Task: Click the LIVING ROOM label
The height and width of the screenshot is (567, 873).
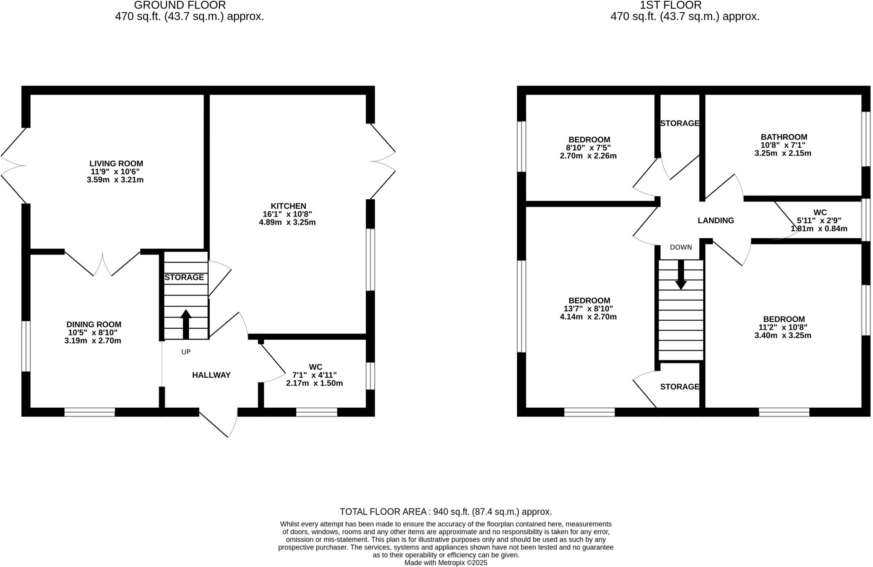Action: click(116, 164)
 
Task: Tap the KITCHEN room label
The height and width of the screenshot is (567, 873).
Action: click(288, 206)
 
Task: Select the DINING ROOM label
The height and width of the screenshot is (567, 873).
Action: click(94, 325)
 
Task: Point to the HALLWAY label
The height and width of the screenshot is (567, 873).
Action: click(211, 375)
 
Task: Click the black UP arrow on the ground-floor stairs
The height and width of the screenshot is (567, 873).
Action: click(186, 324)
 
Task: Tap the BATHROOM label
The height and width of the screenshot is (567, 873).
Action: click(783, 137)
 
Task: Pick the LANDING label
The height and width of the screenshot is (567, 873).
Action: click(716, 221)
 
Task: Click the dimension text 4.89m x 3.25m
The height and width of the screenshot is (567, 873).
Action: click(287, 222)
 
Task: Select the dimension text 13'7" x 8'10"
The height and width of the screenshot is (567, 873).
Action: click(588, 309)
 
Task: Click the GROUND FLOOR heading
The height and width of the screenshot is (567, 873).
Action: click(180, 6)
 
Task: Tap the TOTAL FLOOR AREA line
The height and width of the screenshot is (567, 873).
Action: click(445, 512)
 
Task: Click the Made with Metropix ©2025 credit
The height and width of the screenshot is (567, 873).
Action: click(445, 563)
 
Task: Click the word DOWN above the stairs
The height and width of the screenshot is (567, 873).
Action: click(681, 248)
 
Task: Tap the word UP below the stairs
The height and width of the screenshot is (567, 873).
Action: click(186, 352)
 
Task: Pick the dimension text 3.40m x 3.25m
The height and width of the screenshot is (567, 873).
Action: click(783, 336)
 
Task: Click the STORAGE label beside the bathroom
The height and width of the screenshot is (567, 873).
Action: click(679, 124)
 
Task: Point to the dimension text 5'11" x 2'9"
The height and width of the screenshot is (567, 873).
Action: click(819, 221)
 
